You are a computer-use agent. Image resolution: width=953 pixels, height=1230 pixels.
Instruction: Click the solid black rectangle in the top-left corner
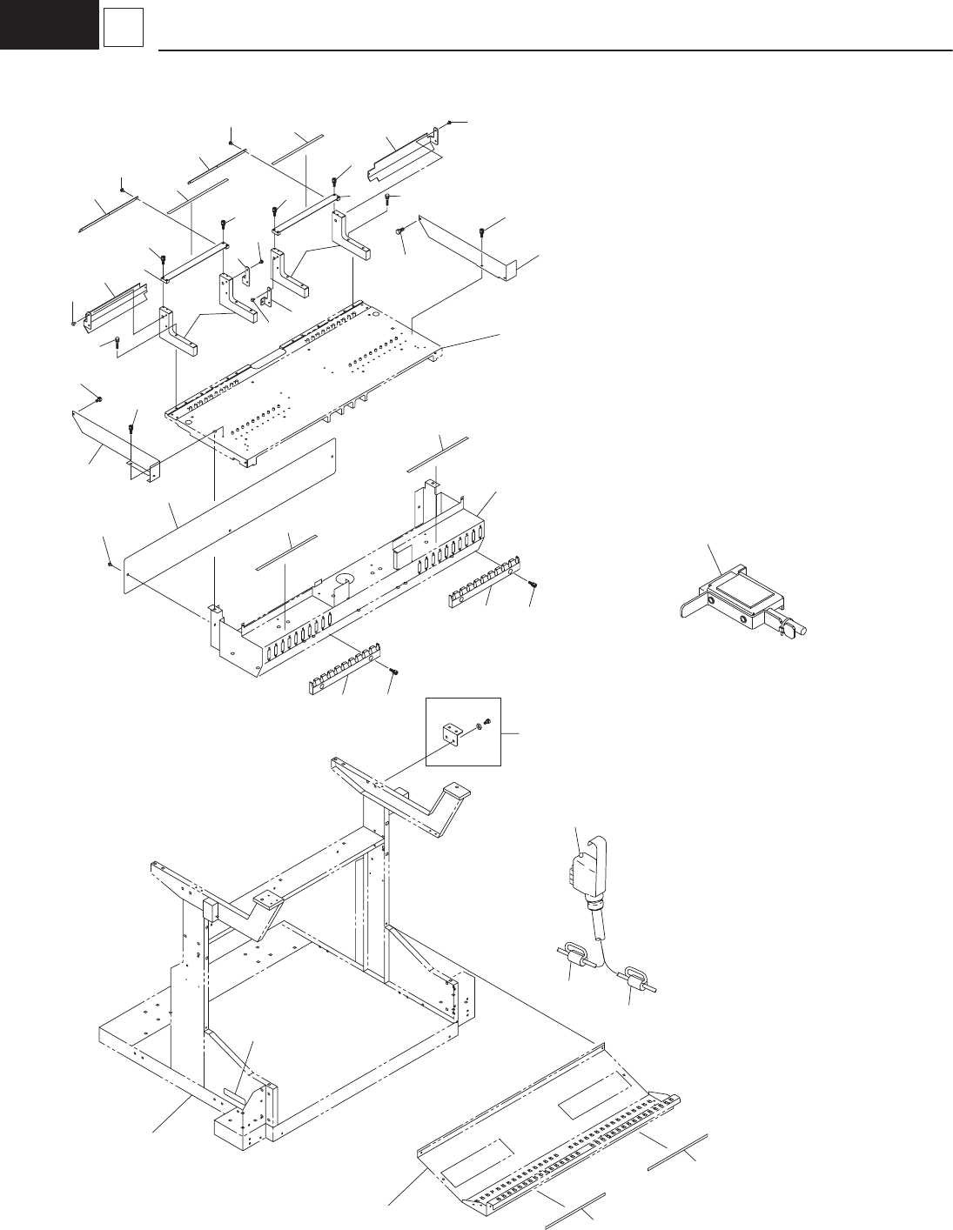[49, 23]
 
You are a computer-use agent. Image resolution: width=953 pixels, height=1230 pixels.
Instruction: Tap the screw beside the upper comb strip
[534, 584]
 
